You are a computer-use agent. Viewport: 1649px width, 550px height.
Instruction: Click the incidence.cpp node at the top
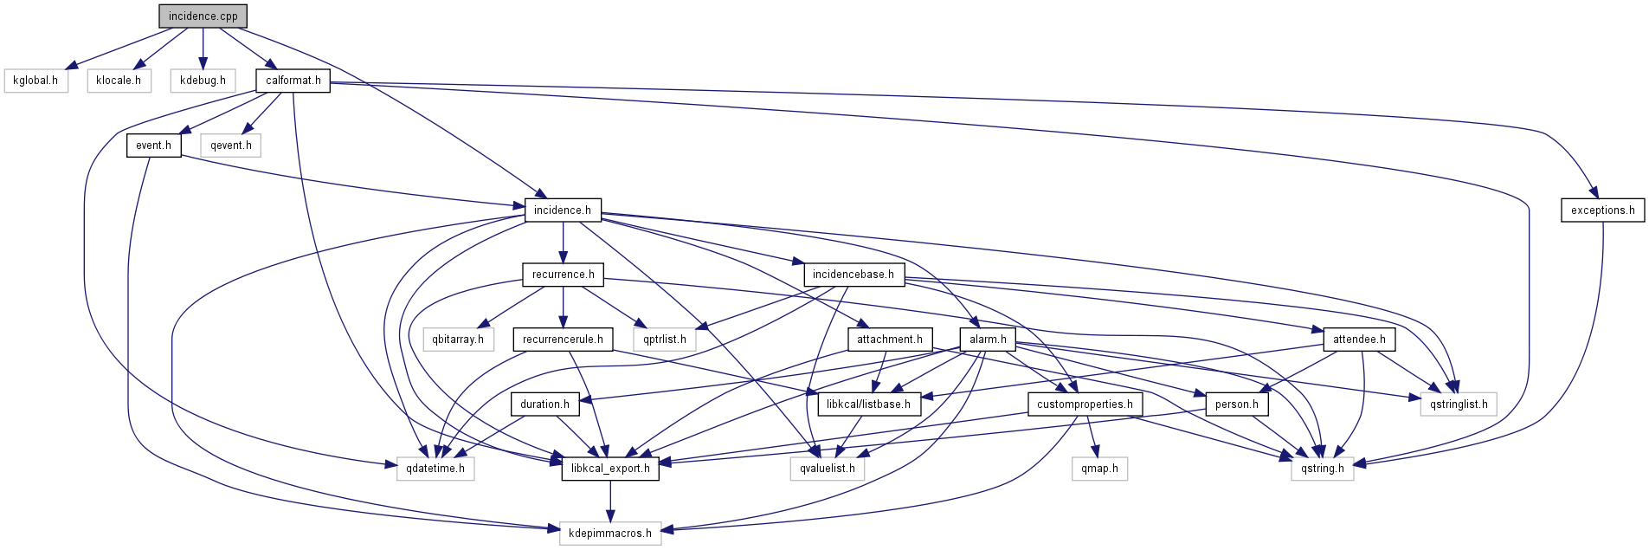203,16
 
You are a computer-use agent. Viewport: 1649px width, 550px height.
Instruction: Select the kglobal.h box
35,81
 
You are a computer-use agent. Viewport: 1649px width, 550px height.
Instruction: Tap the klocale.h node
119,81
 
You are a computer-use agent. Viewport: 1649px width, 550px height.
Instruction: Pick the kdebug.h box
203,81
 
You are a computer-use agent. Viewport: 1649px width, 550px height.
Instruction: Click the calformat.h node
293,81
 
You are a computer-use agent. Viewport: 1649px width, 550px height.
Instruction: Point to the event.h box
153,146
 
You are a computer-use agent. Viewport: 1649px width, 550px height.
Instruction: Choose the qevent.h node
230,146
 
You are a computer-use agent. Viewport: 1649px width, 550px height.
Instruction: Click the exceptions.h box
1602,210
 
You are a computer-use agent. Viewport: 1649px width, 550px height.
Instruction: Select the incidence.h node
562,210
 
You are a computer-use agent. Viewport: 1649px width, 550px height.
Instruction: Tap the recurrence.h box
563,275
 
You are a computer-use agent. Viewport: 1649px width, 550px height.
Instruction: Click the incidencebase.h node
853,275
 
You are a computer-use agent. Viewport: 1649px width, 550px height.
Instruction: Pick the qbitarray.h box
458,340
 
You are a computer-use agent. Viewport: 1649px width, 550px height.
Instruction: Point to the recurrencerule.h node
563,340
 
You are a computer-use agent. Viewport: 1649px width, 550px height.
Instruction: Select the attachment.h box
889,340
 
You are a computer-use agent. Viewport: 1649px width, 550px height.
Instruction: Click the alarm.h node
988,340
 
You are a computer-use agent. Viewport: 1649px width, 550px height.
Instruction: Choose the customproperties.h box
1085,404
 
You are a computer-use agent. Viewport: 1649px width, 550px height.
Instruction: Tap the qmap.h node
1099,469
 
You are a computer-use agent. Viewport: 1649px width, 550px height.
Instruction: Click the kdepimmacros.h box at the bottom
610,534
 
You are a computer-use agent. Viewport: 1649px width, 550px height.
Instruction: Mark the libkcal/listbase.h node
868,404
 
